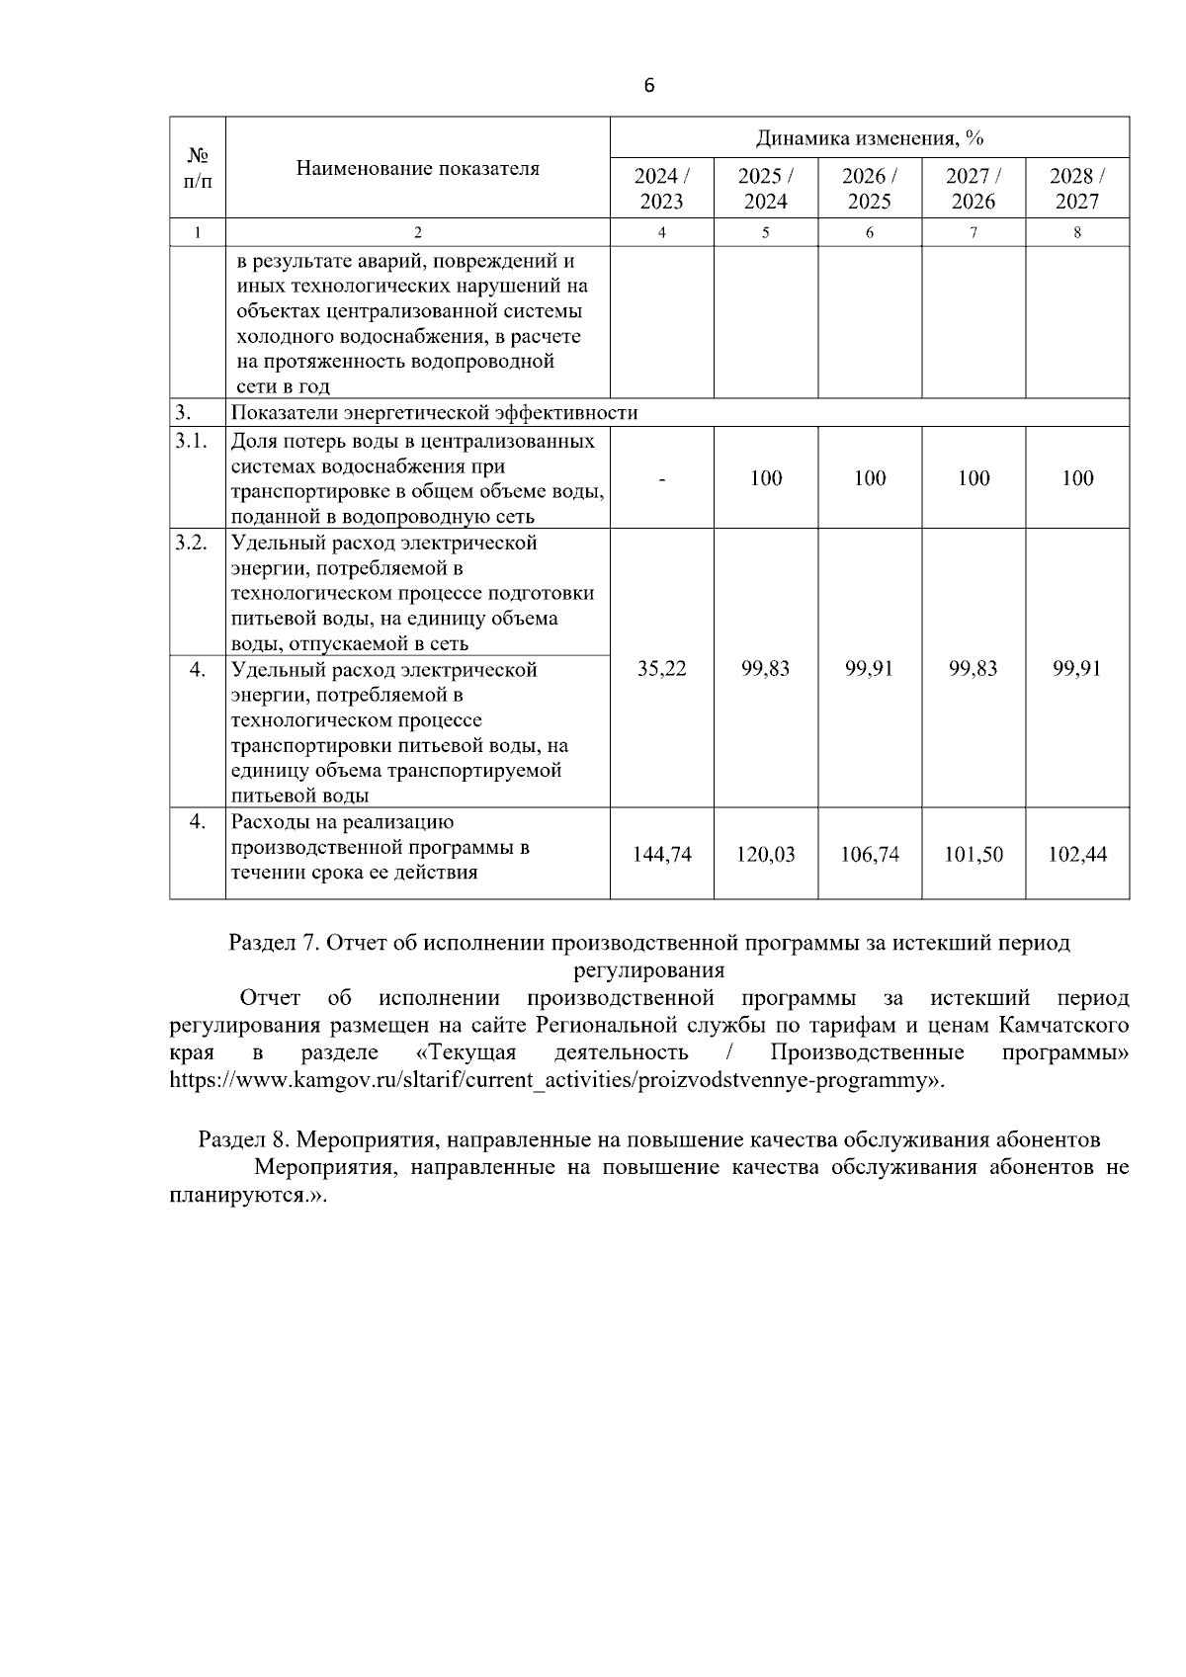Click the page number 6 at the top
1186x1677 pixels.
648,86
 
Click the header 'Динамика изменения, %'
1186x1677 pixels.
869,137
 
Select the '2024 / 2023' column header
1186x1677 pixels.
661,189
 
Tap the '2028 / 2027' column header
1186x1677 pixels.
1077,189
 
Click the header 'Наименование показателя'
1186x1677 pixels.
417,168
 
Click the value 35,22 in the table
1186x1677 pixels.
661,669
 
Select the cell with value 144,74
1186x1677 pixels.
661,855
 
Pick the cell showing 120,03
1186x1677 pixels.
765,855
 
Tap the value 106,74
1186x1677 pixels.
870,855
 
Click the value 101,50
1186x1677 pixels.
974,855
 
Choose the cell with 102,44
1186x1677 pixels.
1077,855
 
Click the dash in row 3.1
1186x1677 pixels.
661,479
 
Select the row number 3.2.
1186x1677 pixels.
191,543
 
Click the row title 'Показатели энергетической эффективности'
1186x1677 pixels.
434,413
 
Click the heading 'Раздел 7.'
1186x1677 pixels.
273,943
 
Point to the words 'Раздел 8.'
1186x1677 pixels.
243,1139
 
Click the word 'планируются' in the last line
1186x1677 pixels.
233,1194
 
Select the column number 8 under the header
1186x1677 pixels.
1077,233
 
